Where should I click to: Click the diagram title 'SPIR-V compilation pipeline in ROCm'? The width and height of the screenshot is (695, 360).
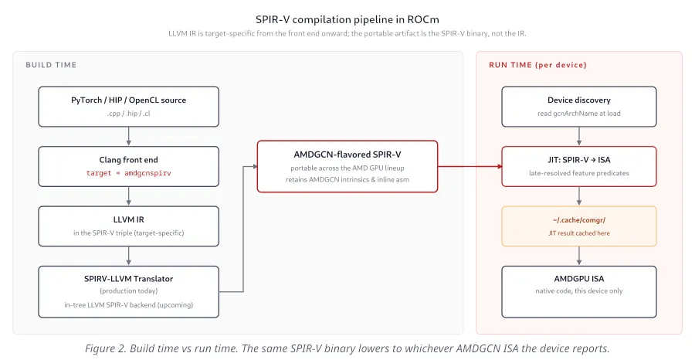click(347, 19)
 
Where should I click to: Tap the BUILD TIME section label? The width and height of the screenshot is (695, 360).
click(51, 65)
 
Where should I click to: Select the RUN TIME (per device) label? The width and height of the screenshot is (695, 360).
click(537, 65)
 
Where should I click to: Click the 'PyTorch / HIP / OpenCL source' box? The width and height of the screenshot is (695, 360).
click(128, 107)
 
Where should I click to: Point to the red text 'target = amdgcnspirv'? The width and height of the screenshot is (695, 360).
click(128, 173)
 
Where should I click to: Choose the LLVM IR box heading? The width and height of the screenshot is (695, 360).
click(128, 219)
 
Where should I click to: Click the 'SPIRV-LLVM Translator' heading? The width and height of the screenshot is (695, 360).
click(128, 279)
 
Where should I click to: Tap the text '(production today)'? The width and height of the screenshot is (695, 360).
click(128, 290)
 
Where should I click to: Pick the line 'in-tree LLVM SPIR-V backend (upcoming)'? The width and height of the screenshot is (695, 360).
click(128, 305)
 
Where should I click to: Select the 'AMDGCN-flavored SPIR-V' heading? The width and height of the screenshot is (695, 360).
click(347, 155)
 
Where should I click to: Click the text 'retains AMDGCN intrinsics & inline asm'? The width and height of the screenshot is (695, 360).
click(347, 179)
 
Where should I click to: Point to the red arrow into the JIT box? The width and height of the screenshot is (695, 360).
click(470, 167)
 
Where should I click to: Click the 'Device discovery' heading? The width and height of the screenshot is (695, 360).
click(579, 100)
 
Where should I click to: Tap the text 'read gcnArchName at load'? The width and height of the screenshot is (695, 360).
click(579, 114)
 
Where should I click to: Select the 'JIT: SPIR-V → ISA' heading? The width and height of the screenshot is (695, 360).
click(579, 160)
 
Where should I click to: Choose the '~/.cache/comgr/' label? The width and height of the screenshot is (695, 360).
click(579, 220)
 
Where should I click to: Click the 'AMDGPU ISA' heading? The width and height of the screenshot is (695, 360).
click(579, 279)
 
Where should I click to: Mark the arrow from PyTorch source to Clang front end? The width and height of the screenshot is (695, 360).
click(128, 137)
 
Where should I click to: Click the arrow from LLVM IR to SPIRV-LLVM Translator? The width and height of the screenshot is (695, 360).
click(128, 256)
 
